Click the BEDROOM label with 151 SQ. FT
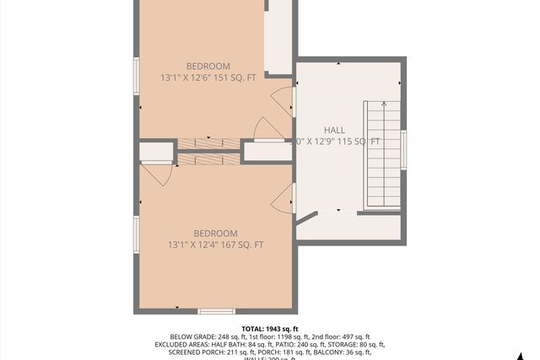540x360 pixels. click(208, 67)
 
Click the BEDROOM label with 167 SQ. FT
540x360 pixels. click(215, 234)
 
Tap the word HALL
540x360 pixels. click(335, 131)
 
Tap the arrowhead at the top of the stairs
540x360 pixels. click(385, 104)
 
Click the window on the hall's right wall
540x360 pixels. click(403, 149)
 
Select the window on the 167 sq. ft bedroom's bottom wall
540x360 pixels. click(216, 311)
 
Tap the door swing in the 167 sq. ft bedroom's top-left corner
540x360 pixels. click(157, 175)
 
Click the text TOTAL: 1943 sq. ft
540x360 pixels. click(270, 329)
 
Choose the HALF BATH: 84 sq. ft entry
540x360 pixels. click(246, 345)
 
